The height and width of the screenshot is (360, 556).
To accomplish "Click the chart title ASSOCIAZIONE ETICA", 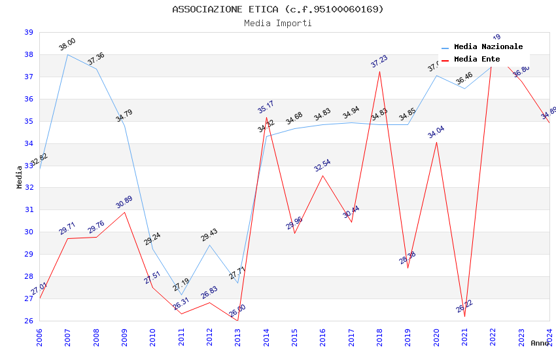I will point(278,9).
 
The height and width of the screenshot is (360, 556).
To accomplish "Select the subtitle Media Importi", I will point(278,23).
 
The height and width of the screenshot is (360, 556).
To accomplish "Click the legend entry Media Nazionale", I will point(488,47).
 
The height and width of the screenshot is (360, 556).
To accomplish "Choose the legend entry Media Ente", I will point(477,60).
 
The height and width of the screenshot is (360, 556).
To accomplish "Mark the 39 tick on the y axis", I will point(29,32).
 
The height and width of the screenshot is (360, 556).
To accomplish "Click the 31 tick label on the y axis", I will point(29,209).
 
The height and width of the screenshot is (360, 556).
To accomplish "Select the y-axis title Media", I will point(20,177).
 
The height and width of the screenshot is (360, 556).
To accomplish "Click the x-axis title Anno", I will point(540,343).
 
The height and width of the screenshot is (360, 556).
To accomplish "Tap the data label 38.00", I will point(67,44).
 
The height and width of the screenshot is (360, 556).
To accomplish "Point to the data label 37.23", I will point(379,62).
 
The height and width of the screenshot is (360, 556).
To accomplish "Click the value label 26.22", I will point(464,306).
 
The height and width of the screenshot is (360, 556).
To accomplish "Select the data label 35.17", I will point(266,107).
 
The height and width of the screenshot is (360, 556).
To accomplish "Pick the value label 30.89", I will point(124,202).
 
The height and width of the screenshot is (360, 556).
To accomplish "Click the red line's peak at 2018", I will point(379,71).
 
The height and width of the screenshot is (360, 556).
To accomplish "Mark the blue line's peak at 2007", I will point(67,54).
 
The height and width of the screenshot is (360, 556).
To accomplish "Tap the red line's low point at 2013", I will point(237,320).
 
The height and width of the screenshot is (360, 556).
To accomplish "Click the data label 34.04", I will point(436,132).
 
